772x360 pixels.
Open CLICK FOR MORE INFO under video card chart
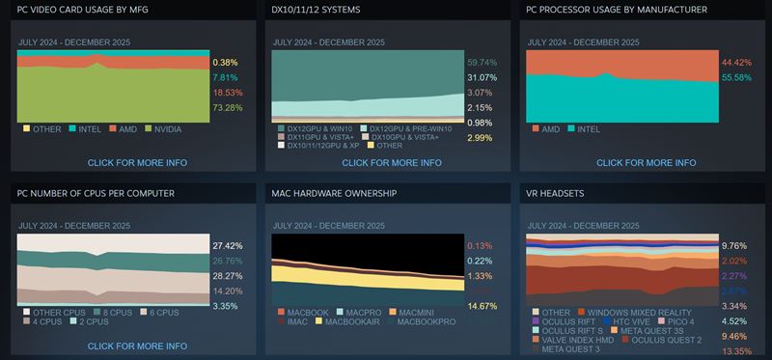[x=137, y=162]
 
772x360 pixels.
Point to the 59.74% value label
[x=480, y=63]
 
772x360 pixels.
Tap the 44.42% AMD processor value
[x=735, y=63]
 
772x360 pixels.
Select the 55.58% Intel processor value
[x=735, y=77]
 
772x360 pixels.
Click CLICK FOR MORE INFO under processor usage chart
[x=646, y=162]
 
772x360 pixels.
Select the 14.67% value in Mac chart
[x=480, y=306]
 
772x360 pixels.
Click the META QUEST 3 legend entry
[x=573, y=348]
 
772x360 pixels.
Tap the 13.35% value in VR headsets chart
[x=735, y=351]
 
